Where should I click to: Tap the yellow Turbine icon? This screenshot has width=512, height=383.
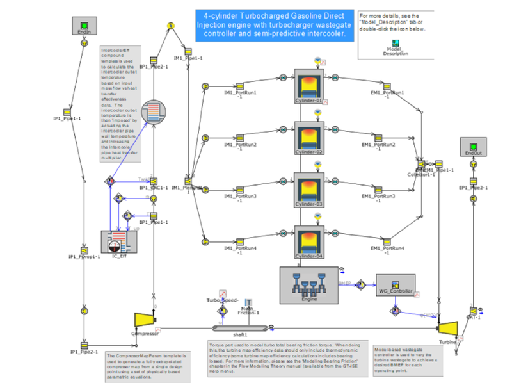point(447,327)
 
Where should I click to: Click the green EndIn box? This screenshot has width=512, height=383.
point(83,26)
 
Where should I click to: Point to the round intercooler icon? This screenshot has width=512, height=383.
point(153,115)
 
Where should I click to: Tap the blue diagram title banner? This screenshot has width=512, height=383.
point(274,24)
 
